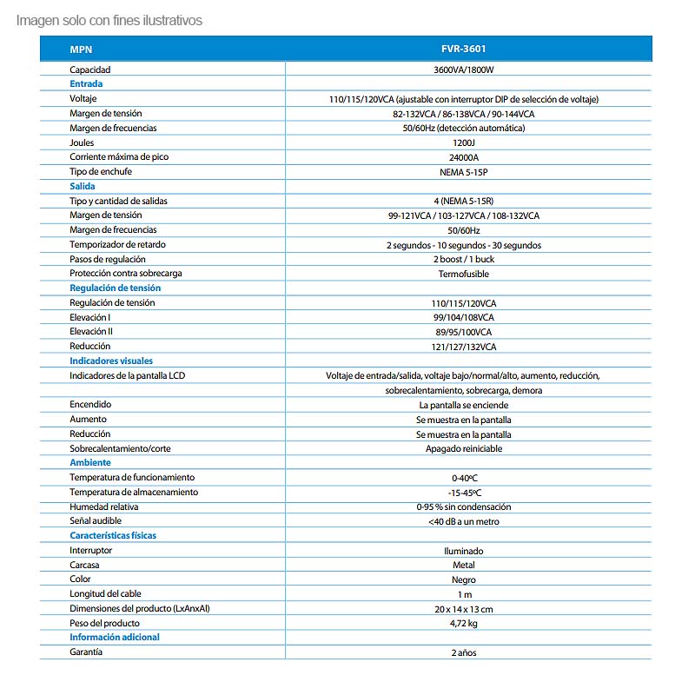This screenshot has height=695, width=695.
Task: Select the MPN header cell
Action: coord(81,50)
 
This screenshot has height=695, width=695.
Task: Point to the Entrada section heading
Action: coord(86,84)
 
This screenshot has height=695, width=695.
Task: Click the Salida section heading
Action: coord(83,186)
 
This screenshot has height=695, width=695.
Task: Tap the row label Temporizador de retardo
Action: coord(116,244)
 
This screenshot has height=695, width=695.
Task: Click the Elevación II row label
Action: coord(91,332)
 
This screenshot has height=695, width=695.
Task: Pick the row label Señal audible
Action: coord(96,521)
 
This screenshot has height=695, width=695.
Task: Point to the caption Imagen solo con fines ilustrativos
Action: coord(109,20)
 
